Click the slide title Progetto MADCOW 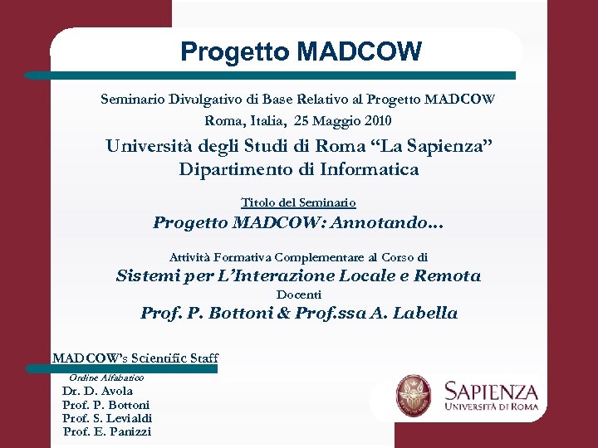pos(301,52)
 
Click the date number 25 pos(303,120)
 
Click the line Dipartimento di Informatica pos(299,170)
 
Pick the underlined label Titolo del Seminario pos(298,202)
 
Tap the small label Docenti pos(298,295)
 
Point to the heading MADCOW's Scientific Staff pos(135,358)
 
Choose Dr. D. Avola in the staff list pos(97,391)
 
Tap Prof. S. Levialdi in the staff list pos(107,418)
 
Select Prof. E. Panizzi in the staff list pos(107,431)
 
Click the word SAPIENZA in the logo pos(491,390)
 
